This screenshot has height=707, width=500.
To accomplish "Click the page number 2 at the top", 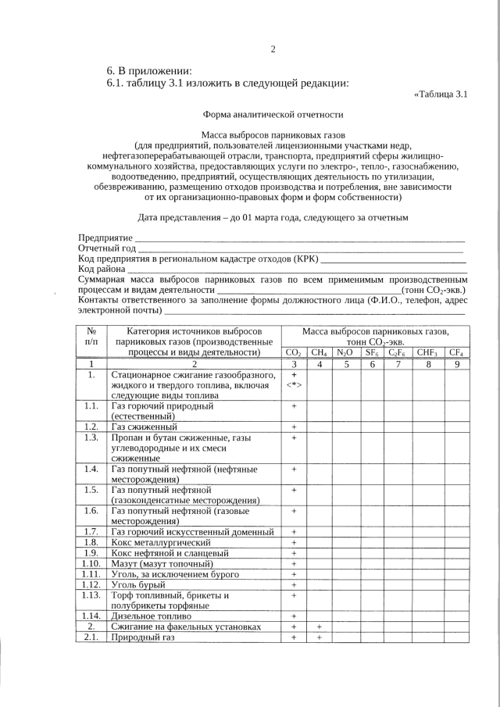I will [x=273, y=50].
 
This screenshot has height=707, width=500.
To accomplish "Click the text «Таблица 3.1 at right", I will [x=440, y=95].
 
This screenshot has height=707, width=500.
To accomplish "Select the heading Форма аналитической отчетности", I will [x=273, y=114].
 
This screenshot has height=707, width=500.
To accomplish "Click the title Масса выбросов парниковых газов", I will [x=273, y=135].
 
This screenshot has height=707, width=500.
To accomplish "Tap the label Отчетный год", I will [x=108, y=248].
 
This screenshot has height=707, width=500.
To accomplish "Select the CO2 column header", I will [x=294, y=353].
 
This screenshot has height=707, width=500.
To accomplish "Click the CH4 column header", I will [x=319, y=353].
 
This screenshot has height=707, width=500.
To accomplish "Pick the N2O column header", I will [x=345, y=353].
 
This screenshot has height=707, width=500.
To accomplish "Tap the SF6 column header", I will [x=372, y=353].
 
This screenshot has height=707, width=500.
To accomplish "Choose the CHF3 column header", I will [x=427, y=353].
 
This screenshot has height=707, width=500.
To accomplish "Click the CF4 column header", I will [x=457, y=353].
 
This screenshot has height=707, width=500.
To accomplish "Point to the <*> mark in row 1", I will [x=294, y=386].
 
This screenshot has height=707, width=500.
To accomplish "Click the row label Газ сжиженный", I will [x=145, y=427].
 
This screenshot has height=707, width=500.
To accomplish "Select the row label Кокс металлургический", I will [x=161, y=542].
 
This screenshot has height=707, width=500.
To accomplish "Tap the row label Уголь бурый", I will [x=140, y=584].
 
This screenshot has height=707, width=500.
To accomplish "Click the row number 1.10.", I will [x=91, y=563].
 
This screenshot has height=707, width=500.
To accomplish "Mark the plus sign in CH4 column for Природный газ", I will [x=319, y=637].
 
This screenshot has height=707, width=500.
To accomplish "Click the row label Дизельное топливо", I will [x=153, y=616].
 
